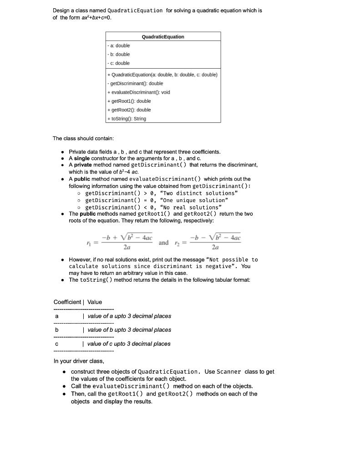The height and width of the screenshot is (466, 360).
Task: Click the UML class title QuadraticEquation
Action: pos(163,37)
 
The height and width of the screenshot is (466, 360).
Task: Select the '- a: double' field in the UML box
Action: pos(119,46)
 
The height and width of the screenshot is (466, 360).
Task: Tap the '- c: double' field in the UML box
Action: pos(119,63)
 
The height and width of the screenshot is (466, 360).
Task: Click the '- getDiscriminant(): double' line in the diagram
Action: pos(135,83)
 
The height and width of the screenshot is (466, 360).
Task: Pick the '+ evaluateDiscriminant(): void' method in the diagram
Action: pos(138,92)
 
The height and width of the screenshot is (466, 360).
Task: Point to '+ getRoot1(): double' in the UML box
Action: pos(129,101)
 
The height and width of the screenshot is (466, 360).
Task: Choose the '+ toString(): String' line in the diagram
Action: pos(127,119)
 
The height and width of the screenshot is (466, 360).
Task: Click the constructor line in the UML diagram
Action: pos(162,75)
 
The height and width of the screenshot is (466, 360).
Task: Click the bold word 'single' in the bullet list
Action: pos(82,158)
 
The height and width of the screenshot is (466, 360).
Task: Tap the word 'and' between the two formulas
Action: pos(163,243)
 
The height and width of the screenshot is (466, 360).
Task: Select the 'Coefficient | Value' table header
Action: pos(78,302)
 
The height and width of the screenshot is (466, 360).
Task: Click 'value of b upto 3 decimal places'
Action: pos(129,330)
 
